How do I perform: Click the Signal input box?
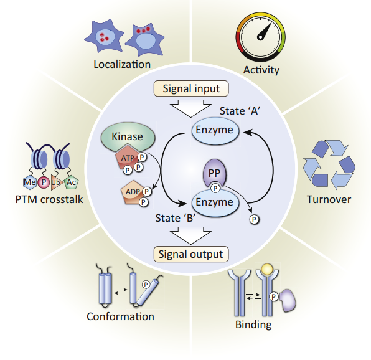[x=191, y=88]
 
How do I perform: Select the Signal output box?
[x=191, y=254]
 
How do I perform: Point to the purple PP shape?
[x=214, y=173]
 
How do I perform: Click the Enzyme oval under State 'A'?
[x=215, y=130]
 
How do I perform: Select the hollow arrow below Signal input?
[x=190, y=108]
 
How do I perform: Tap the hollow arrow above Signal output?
[x=190, y=235]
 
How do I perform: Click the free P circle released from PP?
[x=255, y=220]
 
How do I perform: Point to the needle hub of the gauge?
[x=260, y=37]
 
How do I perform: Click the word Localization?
[x=122, y=64]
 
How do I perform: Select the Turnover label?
[x=329, y=199]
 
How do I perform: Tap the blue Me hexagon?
[x=30, y=182]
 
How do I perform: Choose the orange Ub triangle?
[x=56, y=182]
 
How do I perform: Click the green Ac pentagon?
[x=71, y=182]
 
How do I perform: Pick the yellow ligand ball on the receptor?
[x=268, y=269]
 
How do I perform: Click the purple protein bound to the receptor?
[x=288, y=300]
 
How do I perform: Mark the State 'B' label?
[x=176, y=218]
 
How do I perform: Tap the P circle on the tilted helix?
[x=146, y=285]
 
